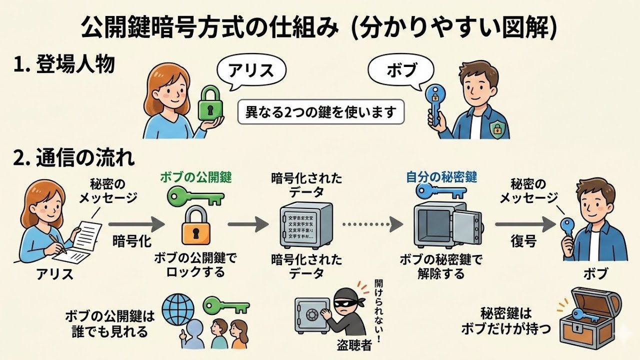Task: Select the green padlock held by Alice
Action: (x=210, y=103)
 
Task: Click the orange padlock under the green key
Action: (x=196, y=227)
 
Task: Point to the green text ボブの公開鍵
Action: (x=196, y=177)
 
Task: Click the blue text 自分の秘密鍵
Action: (x=441, y=177)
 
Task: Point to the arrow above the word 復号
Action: (x=523, y=224)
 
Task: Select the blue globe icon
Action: (x=177, y=306)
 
